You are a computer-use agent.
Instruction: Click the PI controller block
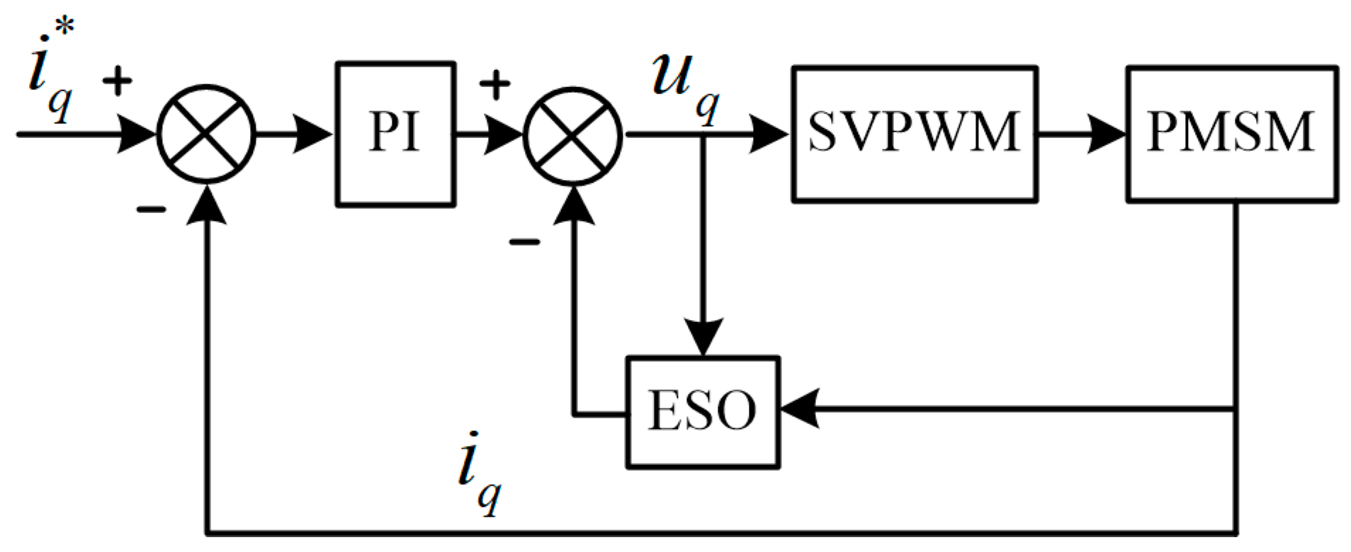[x=395, y=134]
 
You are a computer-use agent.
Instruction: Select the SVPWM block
[x=914, y=134]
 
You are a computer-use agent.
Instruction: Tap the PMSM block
[x=1231, y=134]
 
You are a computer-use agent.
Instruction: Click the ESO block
[x=702, y=411]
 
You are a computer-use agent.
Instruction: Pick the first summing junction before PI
[x=205, y=134]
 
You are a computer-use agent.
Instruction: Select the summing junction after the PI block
[x=572, y=136]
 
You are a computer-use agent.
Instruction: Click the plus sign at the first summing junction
[x=118, y=82]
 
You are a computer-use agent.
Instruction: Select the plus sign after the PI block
[x=494, y=86]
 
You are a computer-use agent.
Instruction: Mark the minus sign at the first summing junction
[x=151, y=209]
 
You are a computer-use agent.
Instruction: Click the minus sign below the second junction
[x=524, y=242]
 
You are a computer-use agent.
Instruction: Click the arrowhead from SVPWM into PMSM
[x=1107, y=134]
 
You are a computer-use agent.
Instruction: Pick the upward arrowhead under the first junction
[x=206, y=205]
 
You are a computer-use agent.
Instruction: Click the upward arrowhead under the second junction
[x=573, y=206]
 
